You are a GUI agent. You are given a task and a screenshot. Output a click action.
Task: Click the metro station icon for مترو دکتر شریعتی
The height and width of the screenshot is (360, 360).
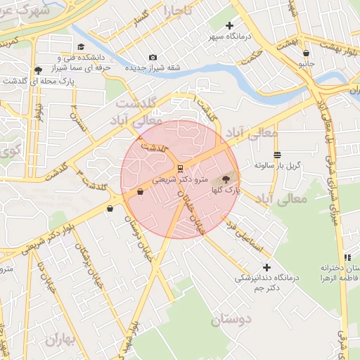coord(180,168)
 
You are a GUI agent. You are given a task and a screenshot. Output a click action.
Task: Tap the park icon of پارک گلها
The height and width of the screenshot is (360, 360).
coord(226,180)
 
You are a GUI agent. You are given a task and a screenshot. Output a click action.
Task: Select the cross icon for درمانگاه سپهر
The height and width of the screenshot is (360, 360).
coord(229,25)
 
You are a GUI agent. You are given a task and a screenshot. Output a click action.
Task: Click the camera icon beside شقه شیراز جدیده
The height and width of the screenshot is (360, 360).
coord(153,58)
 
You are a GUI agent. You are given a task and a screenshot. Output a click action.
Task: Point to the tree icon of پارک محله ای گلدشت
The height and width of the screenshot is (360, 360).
coord(37,70)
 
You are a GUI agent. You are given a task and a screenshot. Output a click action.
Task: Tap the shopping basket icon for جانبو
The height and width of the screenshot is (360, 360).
coord(306,53)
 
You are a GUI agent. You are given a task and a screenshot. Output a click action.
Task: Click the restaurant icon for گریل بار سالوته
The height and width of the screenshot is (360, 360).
coord(277,155)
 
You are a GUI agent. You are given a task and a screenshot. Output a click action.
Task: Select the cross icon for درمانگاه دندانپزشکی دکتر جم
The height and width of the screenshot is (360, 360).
coord(266,267)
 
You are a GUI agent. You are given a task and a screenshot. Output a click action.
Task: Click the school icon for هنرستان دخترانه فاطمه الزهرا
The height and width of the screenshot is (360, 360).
coord(347,258)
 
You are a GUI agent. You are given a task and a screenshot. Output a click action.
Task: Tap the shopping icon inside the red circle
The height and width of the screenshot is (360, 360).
coord(140,191)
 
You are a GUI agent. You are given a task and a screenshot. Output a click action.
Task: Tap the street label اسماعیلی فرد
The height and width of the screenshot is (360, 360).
coord(244,237)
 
